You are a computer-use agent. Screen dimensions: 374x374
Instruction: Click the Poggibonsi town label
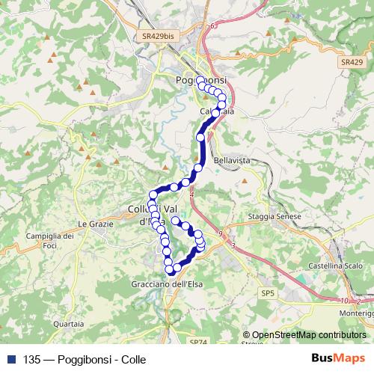(200, 80)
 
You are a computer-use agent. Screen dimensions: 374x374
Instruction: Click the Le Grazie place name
(93, 224)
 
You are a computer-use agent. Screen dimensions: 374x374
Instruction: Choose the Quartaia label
(69, 324)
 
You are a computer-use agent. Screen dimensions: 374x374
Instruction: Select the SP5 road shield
(267, 292)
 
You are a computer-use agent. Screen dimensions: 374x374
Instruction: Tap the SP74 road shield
(197, 342)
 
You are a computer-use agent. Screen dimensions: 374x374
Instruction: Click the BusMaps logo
(338, 359)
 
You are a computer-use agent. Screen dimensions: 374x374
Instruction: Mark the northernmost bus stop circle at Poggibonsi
(200, 82)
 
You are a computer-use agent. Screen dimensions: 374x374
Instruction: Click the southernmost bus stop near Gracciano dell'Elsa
(171, 269)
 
